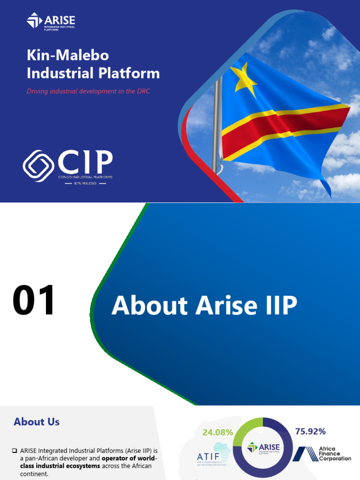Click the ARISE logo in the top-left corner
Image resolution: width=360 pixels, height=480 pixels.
[x=51, y=21]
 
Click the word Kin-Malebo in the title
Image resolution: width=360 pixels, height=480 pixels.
[x=67, y=55]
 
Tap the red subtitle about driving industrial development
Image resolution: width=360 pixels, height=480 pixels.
[x=88, y=91]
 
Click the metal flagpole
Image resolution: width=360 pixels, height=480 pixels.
[x=216, y=127]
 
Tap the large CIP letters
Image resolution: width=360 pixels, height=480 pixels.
[x=85, y=162]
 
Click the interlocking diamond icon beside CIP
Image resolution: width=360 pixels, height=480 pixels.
[x=38, y=165]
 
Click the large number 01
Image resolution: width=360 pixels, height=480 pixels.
[x=34, y=301]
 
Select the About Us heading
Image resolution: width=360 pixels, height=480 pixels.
[x=37, y=421]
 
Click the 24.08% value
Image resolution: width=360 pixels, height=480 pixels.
[x=217, y=432]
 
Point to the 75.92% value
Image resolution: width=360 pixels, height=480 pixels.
[x=310, y=431]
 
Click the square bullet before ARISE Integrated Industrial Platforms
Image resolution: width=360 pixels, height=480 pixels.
[x=15, y=450]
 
